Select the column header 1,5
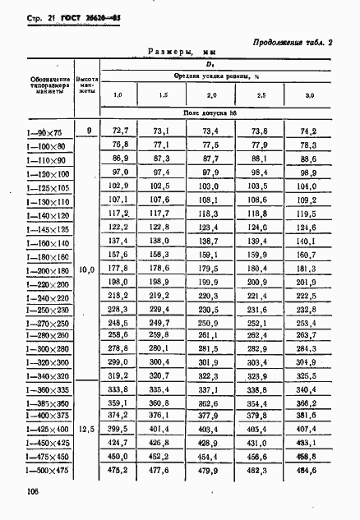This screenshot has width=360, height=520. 164,97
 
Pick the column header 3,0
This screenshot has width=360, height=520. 309,97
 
